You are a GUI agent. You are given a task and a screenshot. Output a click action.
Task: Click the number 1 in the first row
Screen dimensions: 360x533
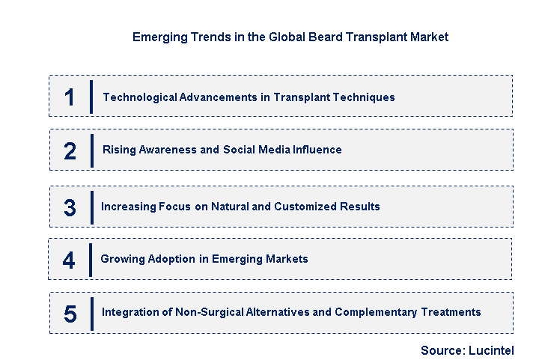[70, 97]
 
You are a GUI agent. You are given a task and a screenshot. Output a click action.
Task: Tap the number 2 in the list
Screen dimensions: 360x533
[70, 150]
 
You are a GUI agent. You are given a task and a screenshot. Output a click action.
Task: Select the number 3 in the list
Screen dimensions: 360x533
[70, 207]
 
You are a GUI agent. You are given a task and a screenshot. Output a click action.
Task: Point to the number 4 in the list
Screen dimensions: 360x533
[69, 260]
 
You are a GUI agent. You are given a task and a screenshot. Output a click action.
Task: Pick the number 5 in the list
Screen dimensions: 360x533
[70, 314]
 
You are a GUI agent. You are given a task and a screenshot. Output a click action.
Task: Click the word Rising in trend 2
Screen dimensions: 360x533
[118, 150]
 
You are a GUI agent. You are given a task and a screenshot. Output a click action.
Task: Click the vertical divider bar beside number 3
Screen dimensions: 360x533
[91, 207]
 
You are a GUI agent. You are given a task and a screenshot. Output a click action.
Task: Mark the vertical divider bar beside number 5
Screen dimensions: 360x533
[91, 314]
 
